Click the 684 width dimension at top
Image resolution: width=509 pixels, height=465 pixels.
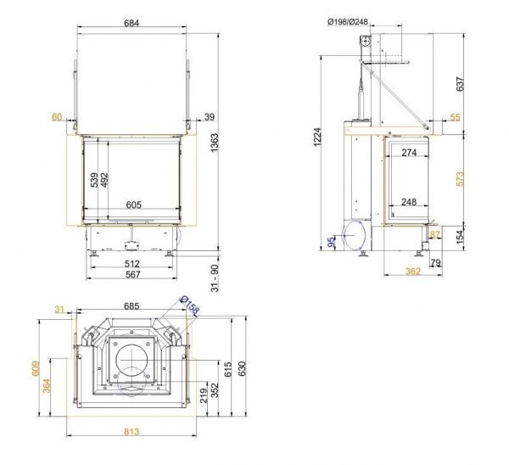tap(131, 23)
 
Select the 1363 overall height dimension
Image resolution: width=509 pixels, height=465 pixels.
tap(215, 143)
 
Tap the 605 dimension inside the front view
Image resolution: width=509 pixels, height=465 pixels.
tap(134, 204)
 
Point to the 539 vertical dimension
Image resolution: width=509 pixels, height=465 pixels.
tap(94, 180)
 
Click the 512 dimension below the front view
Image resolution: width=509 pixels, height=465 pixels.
tap(132, 264)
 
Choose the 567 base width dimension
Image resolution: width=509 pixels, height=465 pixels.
tap(133, 275)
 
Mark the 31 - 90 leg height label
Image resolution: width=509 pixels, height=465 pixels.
tap(215, 278)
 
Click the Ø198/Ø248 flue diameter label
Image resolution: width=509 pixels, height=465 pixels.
tap(348, 22)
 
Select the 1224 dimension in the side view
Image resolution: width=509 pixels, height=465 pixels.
tap(317, 137)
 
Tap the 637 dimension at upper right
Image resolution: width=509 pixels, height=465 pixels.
tap(460, 84)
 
